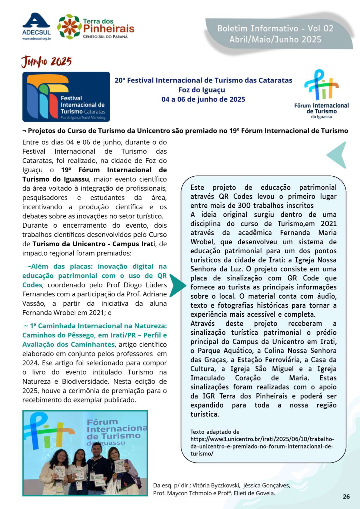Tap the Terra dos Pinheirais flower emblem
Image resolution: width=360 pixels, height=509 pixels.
click(69, 27)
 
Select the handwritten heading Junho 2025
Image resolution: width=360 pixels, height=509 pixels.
click(46, 61)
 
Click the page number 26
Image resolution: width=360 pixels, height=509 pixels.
click(346, 496)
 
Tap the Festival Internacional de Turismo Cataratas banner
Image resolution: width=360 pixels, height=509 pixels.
click(66, 97)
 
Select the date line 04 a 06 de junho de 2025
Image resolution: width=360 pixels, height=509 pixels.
click(203, 99)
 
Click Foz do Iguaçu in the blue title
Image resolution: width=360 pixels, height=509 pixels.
click(202, 90)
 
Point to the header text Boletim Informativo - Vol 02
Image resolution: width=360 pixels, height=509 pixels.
click(275, 28)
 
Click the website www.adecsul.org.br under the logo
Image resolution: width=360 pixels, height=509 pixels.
click(37, 39)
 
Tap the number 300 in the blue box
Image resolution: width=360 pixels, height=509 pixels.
click(245, 206)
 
